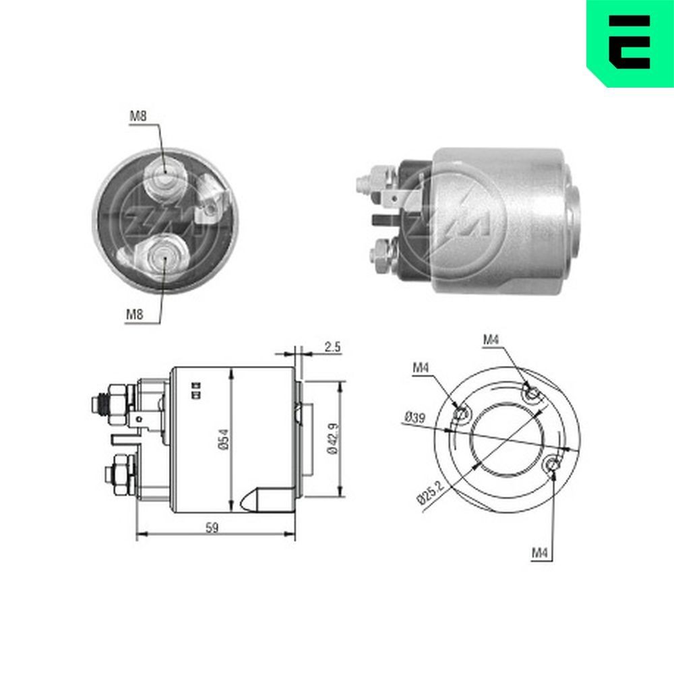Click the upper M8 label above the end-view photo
(138, 116)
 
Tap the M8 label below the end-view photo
(134, 313)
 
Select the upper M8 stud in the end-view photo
(164, 177)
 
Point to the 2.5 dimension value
(332, 347)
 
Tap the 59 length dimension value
(212, 528)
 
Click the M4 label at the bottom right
(540, 553)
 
